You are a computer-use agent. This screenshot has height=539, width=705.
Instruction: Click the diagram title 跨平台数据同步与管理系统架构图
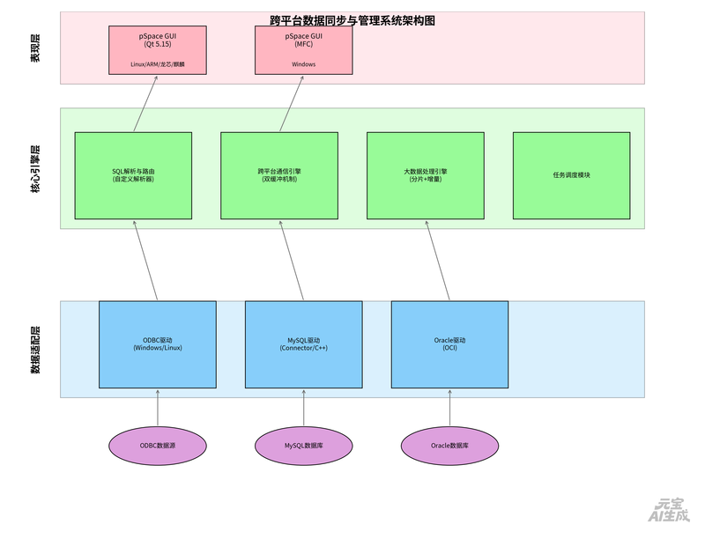click(352, 20)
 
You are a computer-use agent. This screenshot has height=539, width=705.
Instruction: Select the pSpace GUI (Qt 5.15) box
click(158, 50)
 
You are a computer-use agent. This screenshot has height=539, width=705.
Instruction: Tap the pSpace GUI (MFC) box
click(304, 50)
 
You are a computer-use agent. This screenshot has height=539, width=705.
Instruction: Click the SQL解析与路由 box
click(133, 175)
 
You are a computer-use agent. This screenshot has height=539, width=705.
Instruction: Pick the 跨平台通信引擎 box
click(279, 175)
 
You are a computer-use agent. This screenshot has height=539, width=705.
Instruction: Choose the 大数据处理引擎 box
click(426, 175)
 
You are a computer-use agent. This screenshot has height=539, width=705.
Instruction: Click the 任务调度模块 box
click(571, 175)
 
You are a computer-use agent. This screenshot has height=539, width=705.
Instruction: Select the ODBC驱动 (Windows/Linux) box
click(158, 343)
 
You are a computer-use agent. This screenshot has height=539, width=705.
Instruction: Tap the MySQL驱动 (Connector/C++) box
click(304, 343)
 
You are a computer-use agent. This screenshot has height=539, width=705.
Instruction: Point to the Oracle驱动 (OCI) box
click(449, 343)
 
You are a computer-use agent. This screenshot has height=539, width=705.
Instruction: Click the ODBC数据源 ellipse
click(158, 446)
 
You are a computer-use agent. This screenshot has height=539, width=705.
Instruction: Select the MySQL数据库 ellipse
click(304, 446)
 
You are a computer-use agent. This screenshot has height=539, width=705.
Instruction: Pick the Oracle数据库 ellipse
click(449, 446)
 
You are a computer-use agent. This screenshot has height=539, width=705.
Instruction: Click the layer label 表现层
click(36, 48)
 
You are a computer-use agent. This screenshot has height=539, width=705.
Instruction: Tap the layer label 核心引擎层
click(36, 169)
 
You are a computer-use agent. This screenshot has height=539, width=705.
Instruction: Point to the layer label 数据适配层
click(36, 350)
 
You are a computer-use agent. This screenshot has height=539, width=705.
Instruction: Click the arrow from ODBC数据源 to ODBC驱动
click(158, 407)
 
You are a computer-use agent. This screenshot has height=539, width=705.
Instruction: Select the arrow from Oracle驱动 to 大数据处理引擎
click(438, 261)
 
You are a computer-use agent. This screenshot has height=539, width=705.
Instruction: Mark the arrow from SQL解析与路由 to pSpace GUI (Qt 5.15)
click(145, 104)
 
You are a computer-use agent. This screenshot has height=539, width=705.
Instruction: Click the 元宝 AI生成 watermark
click(667, 511)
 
